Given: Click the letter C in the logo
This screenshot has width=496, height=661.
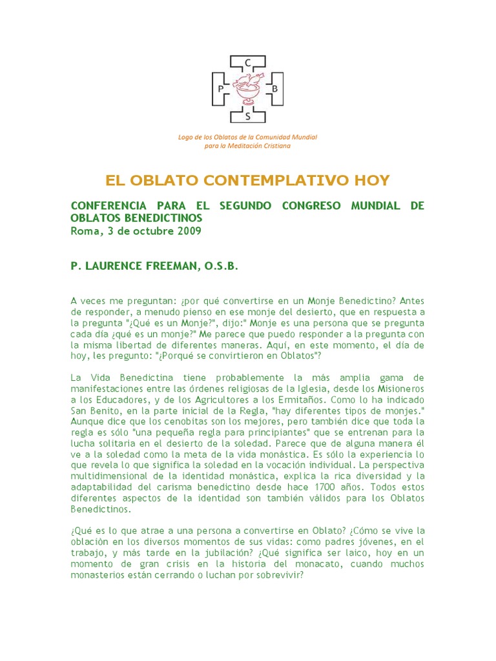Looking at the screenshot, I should [x=248, y=63].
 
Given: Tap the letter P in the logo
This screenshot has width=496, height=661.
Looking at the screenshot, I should [x=221, y=88].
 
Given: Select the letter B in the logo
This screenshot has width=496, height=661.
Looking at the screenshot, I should [x=274, y=88].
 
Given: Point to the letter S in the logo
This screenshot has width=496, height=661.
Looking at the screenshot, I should [x=248, y=116].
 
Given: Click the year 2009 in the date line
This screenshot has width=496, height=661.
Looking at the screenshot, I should [x=187, y=231].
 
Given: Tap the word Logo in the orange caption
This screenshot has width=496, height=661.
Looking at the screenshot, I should [x=186, y=137].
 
